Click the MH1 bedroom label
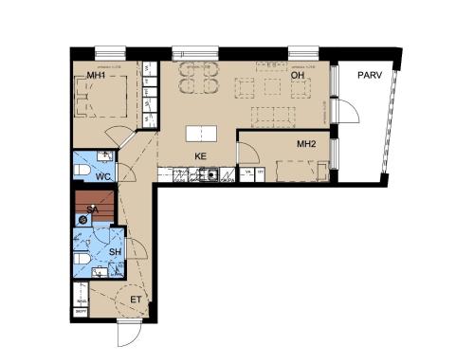pos(96,76)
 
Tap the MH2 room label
pos(306,143)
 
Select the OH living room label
pos(297,76)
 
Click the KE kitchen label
pos(200,155)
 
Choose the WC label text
pos(103,176)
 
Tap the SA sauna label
pos(92,209)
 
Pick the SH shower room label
pos(114,251)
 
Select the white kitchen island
pos(198,134)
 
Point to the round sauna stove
pos(84,219)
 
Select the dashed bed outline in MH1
pos(104,98)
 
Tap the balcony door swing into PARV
pos(349,111)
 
